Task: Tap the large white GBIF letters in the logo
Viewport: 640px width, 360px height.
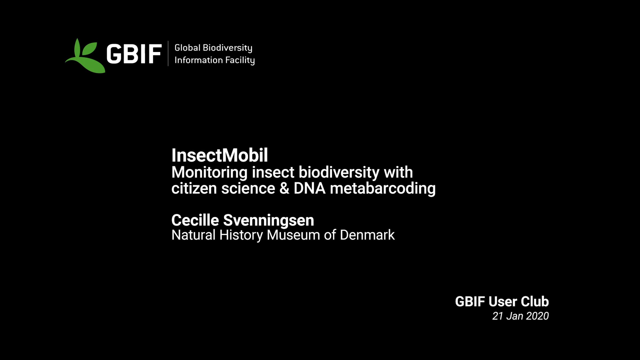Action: pyautogui.click(x=134, y=54)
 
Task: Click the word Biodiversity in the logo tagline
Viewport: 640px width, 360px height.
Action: pyautogui.click(x=227, y=48)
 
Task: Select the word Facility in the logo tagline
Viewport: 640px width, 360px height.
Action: pyautogui.click(x=240, y=60)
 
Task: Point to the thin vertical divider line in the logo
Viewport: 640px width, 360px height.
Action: pyautogui.click(x=168, y=53)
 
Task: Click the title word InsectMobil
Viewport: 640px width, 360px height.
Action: pyautogui.click(x=219, y=155)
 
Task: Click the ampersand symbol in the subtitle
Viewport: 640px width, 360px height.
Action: pyautogui.click(x=284, y=188)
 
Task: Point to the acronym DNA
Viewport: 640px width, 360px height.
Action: pyautogui.click(x=309, y=188)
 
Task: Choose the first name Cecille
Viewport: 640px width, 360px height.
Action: pyautogui.click(x=195, y=220)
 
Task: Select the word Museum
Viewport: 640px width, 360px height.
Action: pyautogui.click(x=293, y=235)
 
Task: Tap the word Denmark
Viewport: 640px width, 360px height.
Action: pyautogui.click(x=367, y=235)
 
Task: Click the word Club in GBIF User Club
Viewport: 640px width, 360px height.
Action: pyautogui.click(x=535, y=302)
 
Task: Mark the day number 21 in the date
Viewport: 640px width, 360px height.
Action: pyautogui.click(x=498, y=316)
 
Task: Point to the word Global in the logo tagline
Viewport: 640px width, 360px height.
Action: pyautogui.click(x=187, y=48)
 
